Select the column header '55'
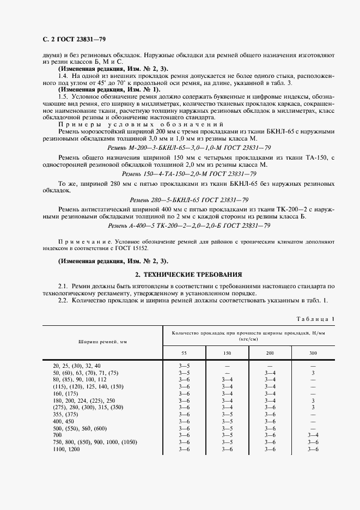point(184,353)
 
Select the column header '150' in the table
point(227,353)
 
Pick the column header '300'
point(313,353)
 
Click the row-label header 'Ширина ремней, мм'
point(102,342)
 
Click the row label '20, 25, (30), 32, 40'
point(77,365)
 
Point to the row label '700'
point(57,436)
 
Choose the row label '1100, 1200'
point(66,449)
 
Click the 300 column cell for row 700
point(313,436)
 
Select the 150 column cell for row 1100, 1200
point(227,449)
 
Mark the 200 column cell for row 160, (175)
point(270,393)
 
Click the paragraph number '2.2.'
point(64,301)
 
